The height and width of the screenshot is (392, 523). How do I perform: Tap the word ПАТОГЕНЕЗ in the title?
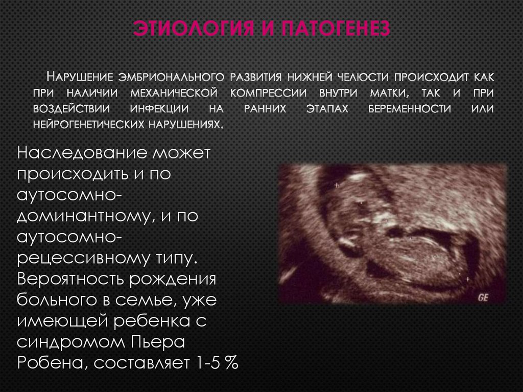coord(335,29)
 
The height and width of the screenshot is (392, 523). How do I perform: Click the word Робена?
coord(45,363)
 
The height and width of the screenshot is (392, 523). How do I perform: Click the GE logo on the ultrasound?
coord(483,297)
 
